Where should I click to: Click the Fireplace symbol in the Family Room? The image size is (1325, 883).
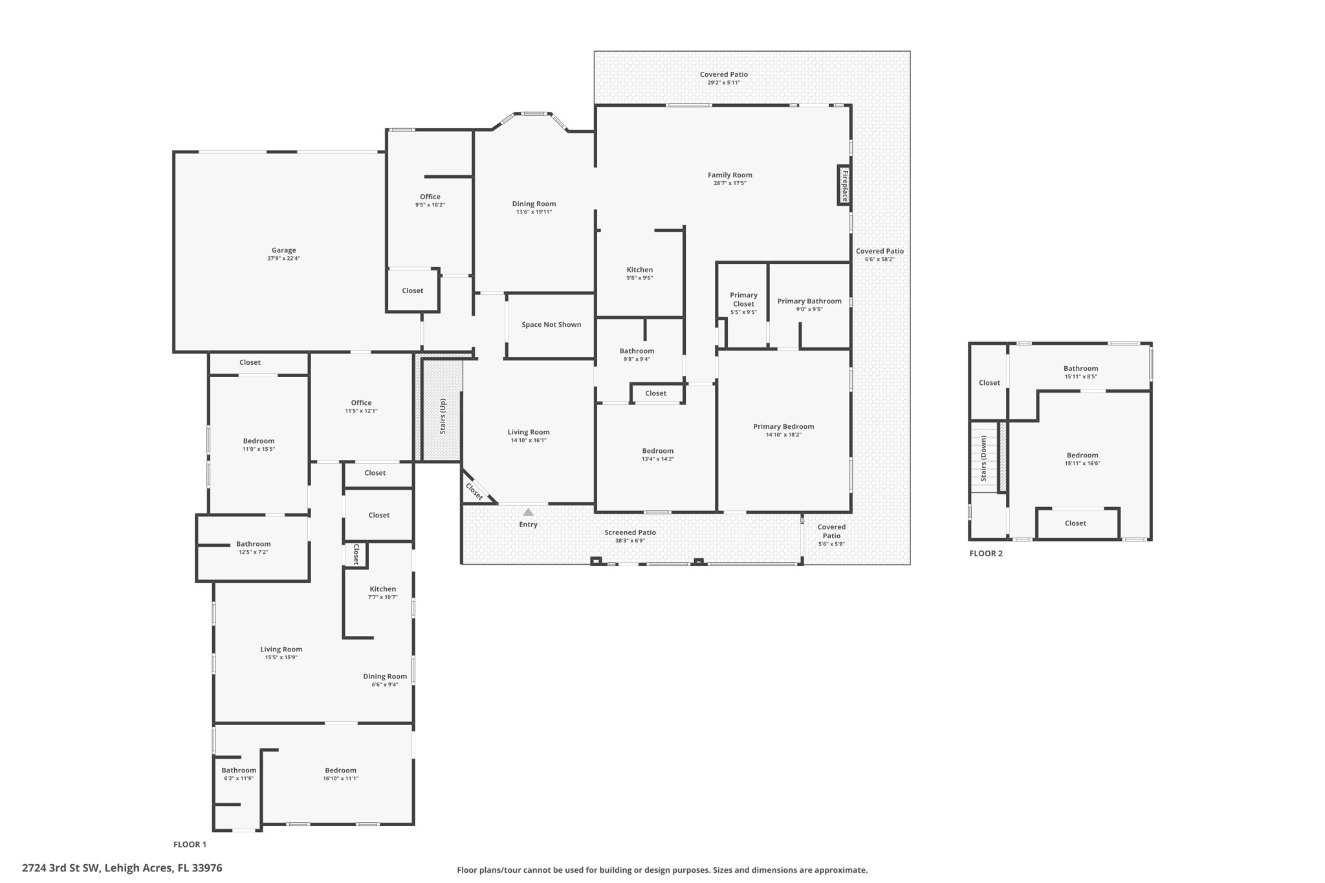click(x=844, y=186)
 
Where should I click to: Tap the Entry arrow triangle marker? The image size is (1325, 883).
click(x=528, y=512)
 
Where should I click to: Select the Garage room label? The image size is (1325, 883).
click(x=283, y=250)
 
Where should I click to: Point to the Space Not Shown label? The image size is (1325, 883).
click(x=551, y=325)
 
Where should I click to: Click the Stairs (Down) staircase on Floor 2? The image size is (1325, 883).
click(x=984, y=458)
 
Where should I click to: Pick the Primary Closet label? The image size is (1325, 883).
click(x=743, y=300)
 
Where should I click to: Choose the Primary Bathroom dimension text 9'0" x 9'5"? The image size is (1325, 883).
click(x=809, y=310)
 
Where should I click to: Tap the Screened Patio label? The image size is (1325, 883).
click(x=630, y=532)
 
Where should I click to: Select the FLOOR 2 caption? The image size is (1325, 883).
click(x=985, y=554)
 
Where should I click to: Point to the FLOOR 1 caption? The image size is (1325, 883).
click(x=190, y=844)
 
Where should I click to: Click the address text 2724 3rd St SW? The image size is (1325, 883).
click(x=122, y=868)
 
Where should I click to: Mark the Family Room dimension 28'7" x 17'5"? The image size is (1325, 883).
click(x=730, y=184)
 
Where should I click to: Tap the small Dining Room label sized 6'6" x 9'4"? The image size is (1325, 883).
click(x=385, y=677)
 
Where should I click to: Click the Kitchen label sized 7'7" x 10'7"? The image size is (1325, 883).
click(x=382, y=589)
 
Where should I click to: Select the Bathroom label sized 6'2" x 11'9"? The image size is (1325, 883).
click(x=239, y=770)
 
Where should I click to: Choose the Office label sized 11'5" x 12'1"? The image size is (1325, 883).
click(x=361, y=403)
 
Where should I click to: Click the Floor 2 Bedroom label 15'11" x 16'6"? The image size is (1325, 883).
click(x=1082, y=455)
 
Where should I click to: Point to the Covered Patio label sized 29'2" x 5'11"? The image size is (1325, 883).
click(x=723, y=75)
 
